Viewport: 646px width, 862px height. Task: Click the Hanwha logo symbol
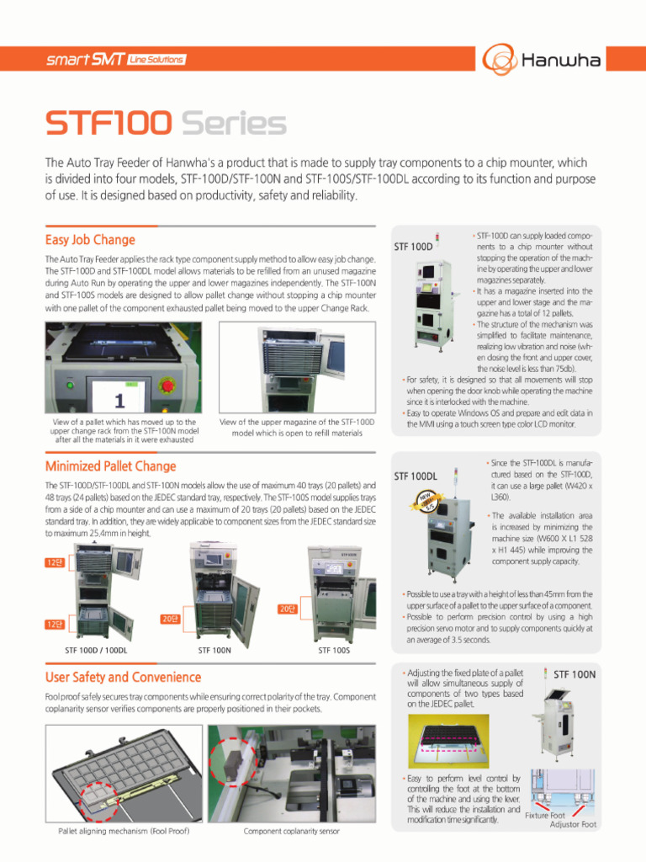[x=498, y=59]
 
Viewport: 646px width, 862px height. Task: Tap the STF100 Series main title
[x=166, y=125]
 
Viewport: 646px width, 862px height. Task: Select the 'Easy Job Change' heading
[x=90, y=240]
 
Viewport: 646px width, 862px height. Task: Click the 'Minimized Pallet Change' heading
[x=110, y=466]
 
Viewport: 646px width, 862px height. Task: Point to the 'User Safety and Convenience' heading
[x=123, y=677]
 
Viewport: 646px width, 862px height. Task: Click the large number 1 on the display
[x=119, y=399]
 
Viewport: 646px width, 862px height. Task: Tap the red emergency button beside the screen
[x=167, y=386]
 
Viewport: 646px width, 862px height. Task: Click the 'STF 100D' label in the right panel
[x=413, y=247]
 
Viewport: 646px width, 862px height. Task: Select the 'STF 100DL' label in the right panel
[x=416, y=476]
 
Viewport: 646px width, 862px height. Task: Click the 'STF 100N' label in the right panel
[x=575, y=674]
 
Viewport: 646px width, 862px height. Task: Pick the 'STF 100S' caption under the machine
[x=334, y=650]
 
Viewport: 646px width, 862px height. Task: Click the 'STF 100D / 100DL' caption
[x=96, y=650]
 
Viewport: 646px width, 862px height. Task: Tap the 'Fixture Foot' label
[x=545, y=815]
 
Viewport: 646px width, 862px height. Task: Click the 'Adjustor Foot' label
[x=573, y=824]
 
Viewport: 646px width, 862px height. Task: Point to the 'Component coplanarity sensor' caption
[x=291, y=831]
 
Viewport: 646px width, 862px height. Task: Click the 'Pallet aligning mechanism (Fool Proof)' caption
[x=124, y=831]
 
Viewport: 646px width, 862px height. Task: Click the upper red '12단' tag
[x=55, y=562]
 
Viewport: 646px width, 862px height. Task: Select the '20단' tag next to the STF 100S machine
[x=287, y=608]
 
